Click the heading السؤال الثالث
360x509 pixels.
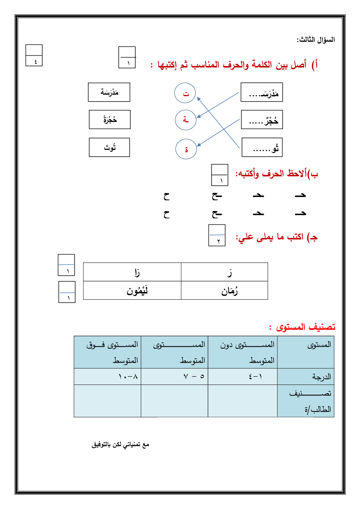[316, 40]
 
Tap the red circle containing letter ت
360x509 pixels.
[185, 93]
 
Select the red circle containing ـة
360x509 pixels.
[185, 120]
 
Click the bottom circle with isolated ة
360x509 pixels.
[186, 149]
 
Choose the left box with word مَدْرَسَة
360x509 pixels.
[109, 92]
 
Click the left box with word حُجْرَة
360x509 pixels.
[110, 120]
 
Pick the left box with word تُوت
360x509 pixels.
[109, 147]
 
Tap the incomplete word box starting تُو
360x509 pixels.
[262, 148]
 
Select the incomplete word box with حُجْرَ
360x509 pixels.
[262, 120]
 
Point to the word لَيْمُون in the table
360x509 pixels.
[137, 291]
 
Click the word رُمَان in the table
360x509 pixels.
[229, 291]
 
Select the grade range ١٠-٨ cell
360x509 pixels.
[128, 377]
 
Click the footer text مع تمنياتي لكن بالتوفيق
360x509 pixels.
[120, 445]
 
